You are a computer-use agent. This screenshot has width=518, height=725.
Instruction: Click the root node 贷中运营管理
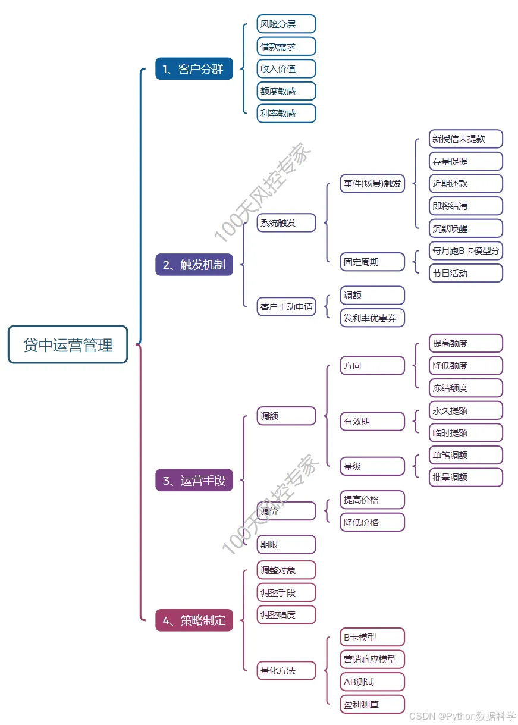[68, 344]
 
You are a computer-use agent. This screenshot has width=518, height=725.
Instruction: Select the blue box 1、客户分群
[194, 68]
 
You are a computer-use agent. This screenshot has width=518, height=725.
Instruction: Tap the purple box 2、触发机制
[194, 265]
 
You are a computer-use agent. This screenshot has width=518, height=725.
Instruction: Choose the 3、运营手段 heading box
[194, 480]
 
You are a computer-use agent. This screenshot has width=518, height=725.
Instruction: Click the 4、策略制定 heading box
[194, 620]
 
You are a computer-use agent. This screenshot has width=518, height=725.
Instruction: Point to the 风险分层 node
[286, 24]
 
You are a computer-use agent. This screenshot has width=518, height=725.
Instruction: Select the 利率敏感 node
[286, 113]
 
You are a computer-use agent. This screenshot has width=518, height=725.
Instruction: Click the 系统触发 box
[286, 222]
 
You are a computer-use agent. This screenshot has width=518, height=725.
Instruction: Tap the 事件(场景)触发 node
[372, 183]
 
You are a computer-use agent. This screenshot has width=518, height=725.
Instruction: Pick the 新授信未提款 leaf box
[466, 139]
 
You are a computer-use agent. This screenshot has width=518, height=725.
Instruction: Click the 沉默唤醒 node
[466, 228]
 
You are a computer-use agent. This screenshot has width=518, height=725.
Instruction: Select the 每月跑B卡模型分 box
[466, 251]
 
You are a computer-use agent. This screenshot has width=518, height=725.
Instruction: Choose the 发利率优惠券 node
[372, 318]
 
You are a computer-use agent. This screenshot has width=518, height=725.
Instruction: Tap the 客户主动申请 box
[286, 307]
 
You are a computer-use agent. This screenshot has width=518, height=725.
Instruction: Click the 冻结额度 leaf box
[466, 388]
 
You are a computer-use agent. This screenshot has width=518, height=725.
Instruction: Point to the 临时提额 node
[466, 432]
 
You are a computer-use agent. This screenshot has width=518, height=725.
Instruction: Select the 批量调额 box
[466, 477]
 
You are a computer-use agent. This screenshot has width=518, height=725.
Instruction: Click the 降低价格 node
[372, 522]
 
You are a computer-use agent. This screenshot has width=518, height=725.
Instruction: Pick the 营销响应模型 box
[372, 659]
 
